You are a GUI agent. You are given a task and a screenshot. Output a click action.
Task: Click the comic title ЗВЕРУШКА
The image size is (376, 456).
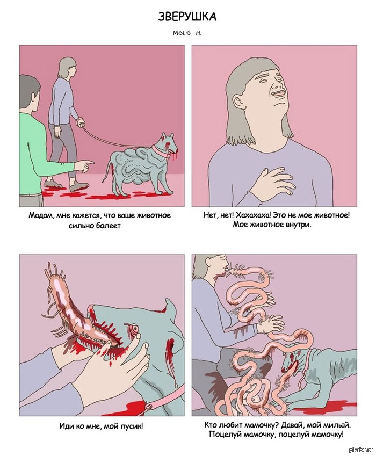(187, 17)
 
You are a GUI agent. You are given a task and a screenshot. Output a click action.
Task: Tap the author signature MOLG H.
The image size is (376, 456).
(187, 33)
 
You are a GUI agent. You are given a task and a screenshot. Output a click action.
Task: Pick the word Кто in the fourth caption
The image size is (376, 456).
(209, 425)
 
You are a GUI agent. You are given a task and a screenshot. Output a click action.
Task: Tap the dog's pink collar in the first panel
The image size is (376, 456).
(161, 150)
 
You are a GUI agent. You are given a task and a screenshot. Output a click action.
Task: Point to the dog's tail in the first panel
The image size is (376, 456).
(106, 172)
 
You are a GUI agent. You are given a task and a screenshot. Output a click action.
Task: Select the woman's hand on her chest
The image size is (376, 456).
(272, 184)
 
